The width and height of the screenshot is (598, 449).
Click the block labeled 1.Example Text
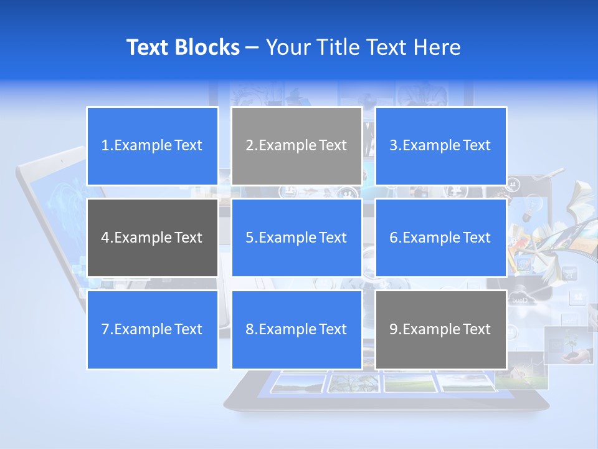(x=152, y=146)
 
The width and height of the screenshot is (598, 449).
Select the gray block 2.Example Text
(x=297, y=146)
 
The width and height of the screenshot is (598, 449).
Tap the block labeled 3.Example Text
(x=440, y=146)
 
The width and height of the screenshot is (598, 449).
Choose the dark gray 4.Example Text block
(x=152, y=238)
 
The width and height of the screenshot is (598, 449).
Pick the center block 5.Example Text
(x=297, y=238)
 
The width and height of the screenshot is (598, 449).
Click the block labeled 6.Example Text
(x=440, y=238)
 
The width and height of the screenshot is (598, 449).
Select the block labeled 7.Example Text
(x=152, y=329)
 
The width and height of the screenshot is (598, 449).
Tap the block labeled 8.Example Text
(x=297, y=329)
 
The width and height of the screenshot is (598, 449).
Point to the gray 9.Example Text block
(x=440, y=329)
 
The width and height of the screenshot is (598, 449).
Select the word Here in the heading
(x=437, y=47)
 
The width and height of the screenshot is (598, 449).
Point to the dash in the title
(x=252, y=48)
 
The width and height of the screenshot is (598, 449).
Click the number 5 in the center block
(x=249, y=238)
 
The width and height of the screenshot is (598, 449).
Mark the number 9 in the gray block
(x=394, y=329)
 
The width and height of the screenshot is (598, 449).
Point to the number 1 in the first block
(x=105, y=146)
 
